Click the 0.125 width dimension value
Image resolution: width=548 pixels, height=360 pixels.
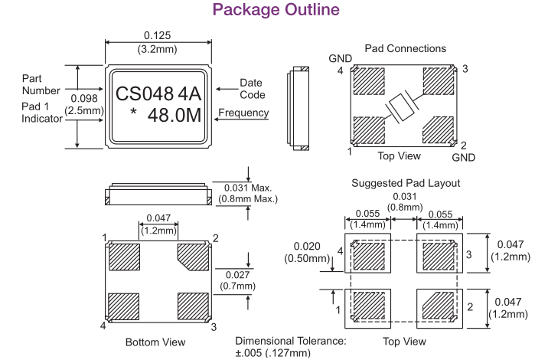click(x=158, y=35)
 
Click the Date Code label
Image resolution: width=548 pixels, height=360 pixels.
click(x=252, y=88)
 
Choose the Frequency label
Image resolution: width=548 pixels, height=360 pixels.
click(x=244, y=113)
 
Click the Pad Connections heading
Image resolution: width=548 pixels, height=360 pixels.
click(x=406, y=48)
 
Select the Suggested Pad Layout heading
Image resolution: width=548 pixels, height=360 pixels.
click(x=406, y=184)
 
